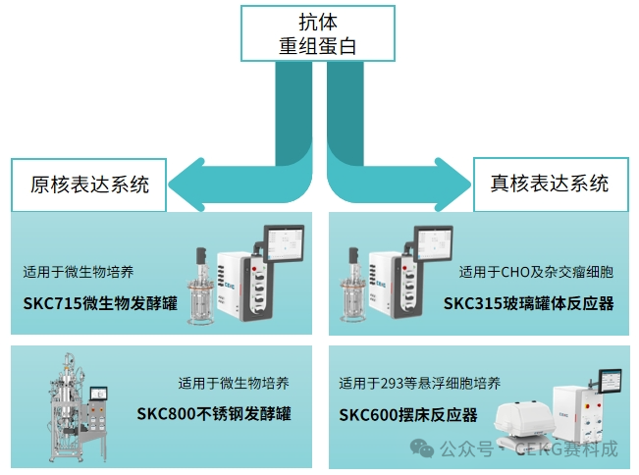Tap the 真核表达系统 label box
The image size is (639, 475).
(x=550, y=183)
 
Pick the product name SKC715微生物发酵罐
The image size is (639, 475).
(x=100, y=301)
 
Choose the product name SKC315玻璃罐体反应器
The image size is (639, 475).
(x=528, y=302)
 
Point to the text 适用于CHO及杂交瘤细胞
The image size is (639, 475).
(x=537, y=272)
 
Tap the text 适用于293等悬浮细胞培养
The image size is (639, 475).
(x=418, y=383)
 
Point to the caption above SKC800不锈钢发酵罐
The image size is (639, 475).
(x=234, y=383)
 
